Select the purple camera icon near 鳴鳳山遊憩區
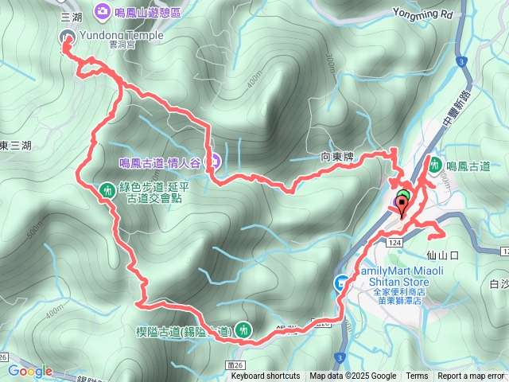coord(103,11)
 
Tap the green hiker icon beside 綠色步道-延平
coord(107,190)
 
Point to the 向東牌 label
coord(336,158)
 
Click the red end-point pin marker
coord(402,205)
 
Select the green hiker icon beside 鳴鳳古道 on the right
coord(435,165)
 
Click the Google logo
coord(29,371)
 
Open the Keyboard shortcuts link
coord(265,376)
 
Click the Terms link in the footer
coord(417,376)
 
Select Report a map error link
coord(472,376)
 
